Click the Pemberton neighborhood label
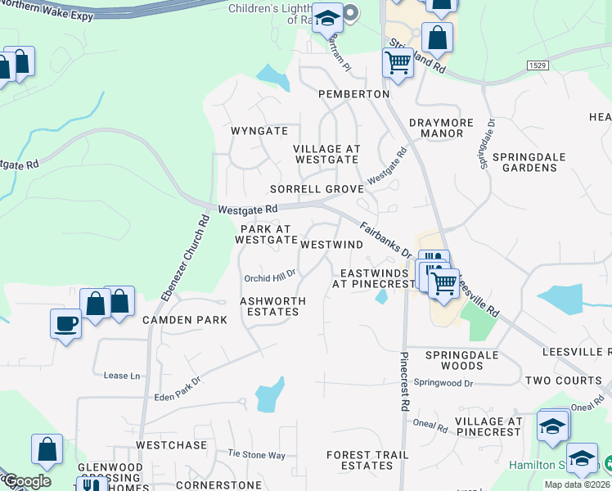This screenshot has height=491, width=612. point(354,94)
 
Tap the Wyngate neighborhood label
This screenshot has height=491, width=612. point(259,131)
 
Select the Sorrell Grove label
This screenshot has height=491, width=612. point(317,189)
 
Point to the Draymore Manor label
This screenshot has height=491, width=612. point(441,128)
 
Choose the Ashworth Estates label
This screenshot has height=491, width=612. point(272,306)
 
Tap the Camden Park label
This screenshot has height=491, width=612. point(185,320)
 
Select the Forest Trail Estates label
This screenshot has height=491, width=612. point(367,460)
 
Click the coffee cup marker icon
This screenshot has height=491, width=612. point(65,323)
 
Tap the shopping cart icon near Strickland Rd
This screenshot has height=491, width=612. point(398,61)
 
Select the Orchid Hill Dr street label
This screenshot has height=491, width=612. point(269,277)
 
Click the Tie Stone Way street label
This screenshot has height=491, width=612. point(256,454)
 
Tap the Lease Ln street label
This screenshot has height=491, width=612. point(117,376)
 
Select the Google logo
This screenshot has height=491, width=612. point(26,481)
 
